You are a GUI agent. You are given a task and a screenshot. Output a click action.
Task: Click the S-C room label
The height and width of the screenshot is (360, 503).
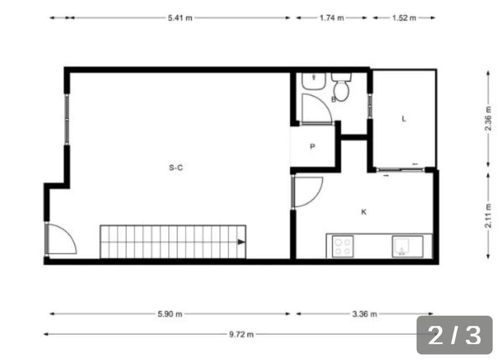tap(176, 167)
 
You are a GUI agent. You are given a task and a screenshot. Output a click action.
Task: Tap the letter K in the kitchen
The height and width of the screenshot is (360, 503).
tap(364, 212)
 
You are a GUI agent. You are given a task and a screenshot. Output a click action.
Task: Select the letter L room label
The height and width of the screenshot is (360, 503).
tap(404, 119)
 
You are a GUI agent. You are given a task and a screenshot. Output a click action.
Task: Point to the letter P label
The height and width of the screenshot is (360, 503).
tap(312, 147)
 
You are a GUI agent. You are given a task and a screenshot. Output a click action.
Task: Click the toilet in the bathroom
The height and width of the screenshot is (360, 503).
tap(341, 86)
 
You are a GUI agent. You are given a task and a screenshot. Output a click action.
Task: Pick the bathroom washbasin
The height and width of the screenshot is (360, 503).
tap(314, 82)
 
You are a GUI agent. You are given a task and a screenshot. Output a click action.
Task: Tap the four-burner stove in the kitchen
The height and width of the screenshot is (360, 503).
tap(342, 247)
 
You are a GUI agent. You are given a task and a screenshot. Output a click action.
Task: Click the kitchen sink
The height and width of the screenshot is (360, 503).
tap(407, 247)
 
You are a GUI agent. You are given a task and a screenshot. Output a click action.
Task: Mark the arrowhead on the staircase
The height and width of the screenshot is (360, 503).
tap(241, 242)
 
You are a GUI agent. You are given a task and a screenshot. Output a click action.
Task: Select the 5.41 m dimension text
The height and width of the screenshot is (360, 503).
tap(180, 18)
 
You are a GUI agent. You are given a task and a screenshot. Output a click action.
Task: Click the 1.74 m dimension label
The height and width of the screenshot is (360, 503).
tap(332, 18)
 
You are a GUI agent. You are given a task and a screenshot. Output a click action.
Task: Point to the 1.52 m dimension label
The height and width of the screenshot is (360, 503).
tap(404, 18)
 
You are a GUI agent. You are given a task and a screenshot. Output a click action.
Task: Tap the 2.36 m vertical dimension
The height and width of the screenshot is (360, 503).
tap(488, 118)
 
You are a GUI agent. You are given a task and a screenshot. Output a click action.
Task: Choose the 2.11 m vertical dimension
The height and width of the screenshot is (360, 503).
tap(488, 216)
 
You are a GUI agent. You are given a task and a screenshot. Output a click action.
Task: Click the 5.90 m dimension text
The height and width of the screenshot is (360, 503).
tap(170, 314)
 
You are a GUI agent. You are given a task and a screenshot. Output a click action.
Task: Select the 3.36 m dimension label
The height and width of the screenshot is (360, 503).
tap(365, 314)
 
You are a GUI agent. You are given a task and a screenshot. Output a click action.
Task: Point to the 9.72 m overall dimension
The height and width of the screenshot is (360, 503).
tap(241, 334)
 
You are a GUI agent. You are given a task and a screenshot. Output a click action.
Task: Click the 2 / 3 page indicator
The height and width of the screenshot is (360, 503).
tap(454, 335)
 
